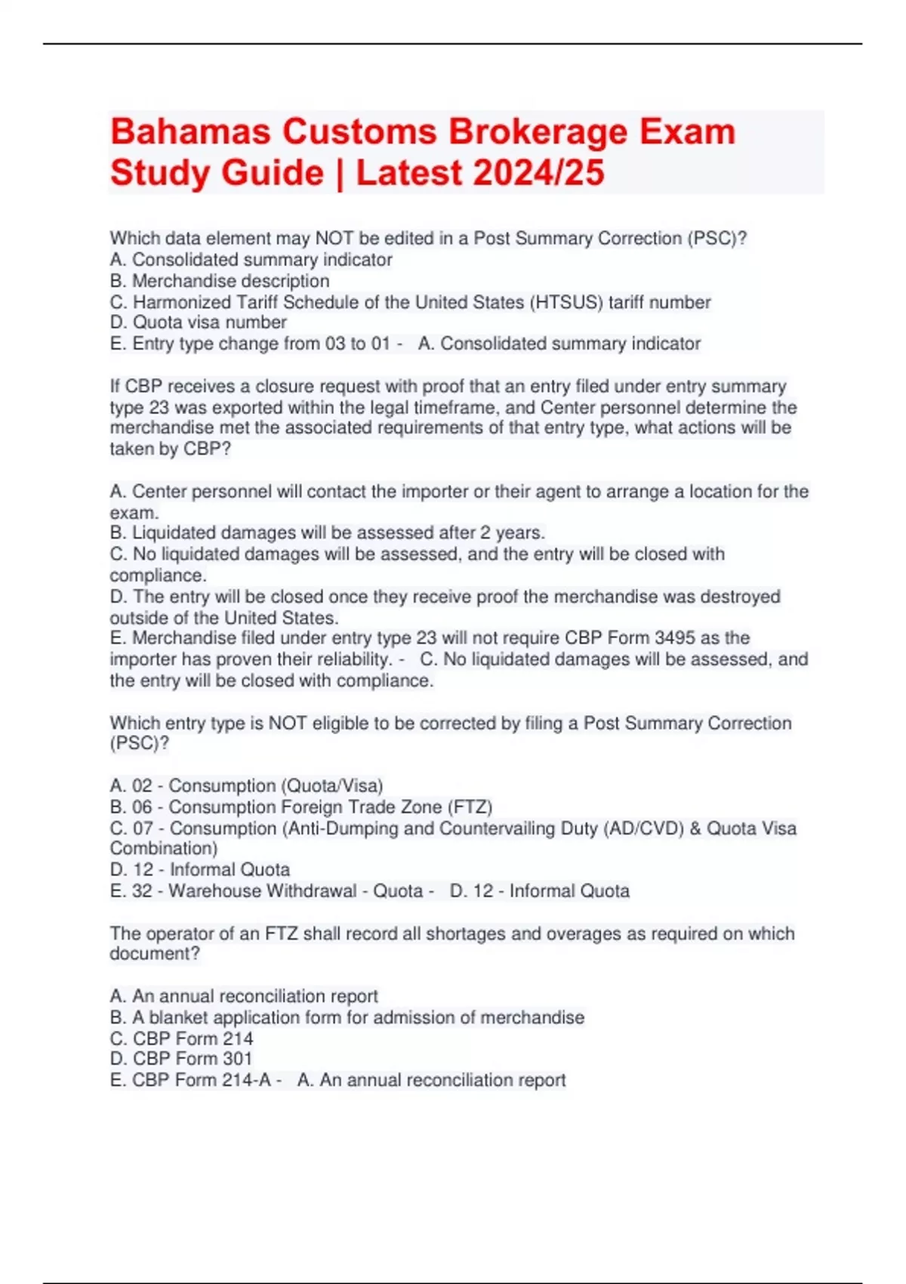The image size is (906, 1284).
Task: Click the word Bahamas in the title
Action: pyautogui.click(x=192, y=132)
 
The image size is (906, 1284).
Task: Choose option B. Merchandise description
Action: pyautogui.click(x=220, y=281)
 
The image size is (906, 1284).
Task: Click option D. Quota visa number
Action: pyautogui.click(x=199, y=323)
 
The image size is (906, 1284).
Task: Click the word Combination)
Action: pyautogui.click(x=164, y=849)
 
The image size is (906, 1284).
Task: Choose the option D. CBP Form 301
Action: pyautogui.click(x=181, y=1059)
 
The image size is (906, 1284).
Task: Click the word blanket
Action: pyautogui.click(x=177, y=1017)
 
